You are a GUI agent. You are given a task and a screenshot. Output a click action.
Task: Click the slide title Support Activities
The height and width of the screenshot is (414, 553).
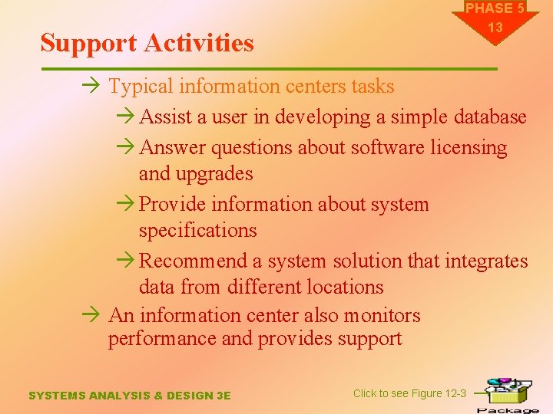147,43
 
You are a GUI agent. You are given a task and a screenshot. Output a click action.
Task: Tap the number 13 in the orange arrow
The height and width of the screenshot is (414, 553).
495,28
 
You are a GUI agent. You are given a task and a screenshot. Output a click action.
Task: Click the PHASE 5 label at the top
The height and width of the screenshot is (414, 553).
495,8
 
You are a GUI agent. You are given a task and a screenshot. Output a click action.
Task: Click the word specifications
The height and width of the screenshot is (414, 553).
197,231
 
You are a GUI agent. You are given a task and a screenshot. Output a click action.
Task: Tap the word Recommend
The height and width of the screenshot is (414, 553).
194,261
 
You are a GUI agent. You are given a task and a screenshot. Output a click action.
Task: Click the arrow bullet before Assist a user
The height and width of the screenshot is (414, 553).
127,117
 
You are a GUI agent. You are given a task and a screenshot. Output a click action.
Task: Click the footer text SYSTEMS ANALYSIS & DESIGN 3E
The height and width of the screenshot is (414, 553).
129,396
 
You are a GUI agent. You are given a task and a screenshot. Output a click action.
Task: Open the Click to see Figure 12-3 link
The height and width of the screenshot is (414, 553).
409,393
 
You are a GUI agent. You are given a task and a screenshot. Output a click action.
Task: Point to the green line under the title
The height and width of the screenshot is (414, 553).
269,70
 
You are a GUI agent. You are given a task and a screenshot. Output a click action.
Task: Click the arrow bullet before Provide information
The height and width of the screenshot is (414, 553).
127,205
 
